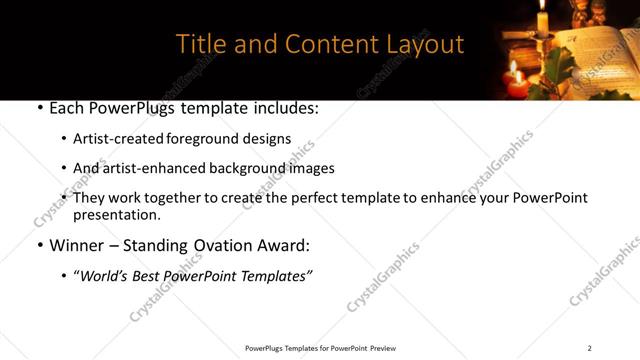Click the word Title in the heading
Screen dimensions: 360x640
199,45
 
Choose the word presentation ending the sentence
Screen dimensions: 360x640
115,215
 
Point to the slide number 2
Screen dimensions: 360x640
589,348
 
